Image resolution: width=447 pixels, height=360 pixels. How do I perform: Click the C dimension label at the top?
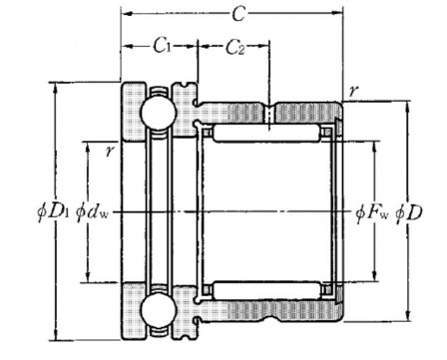tap(234, 15)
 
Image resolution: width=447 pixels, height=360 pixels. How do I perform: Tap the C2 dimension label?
tap(232, 46)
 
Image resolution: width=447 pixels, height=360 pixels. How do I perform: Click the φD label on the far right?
tap(410, 212)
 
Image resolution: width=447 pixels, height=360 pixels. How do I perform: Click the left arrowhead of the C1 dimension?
tap(126, 46)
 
